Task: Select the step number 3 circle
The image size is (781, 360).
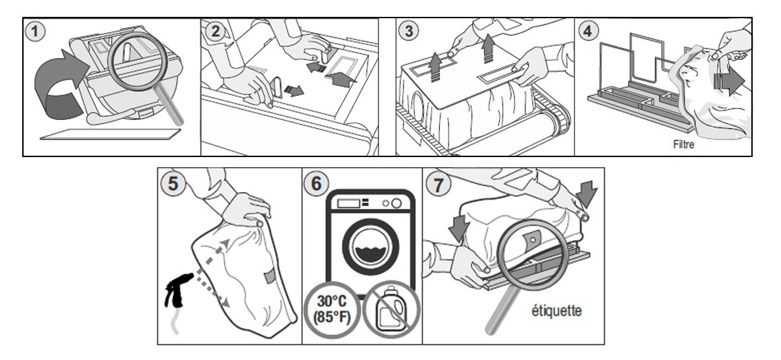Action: pyautogui.click(x=409, y=31)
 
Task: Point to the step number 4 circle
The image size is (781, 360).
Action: pyautogui.click(x=587, y=32)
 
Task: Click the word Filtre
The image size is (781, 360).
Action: pyautogui.click(x=683, y=144)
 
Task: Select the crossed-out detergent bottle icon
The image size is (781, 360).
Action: pyautogui.click(x=388, y=309)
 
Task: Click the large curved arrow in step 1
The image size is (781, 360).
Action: pyautogui.click(x=57, y=88)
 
